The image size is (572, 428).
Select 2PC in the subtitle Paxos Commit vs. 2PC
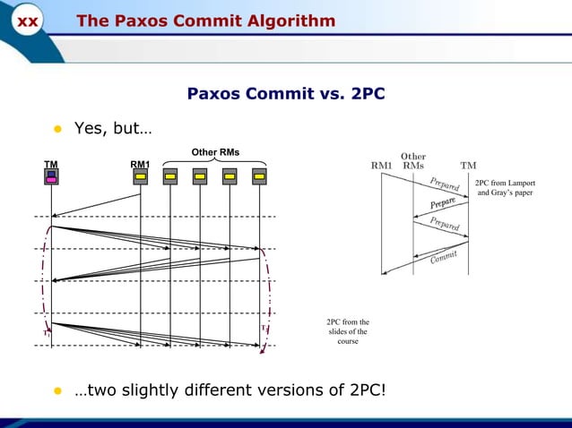coord(367,93)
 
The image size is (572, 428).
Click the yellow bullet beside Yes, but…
coord(56,129)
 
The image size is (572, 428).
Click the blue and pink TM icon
coord(52,176)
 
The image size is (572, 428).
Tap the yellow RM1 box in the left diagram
coord(141,176)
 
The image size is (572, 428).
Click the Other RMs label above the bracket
coord(215,150)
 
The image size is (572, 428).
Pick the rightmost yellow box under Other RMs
coord(259,176)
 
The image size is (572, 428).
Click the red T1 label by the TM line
coord(48,332)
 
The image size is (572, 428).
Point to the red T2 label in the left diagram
coord(264,328)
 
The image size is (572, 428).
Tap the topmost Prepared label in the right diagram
coord(445,184)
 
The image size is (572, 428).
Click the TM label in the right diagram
coord(468,166)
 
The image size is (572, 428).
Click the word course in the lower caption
coord(348,342)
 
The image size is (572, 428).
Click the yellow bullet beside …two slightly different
coord(56,391)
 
